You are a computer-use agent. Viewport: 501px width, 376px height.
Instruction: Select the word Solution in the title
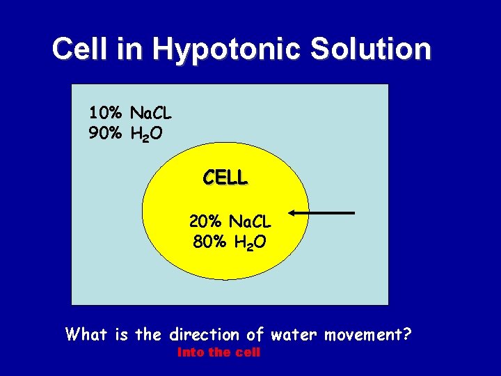[x=366, y=49]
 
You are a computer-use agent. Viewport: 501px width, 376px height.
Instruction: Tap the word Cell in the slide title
[x=79, y=49]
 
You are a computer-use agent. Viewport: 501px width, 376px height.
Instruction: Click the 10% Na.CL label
[x=130, y=112]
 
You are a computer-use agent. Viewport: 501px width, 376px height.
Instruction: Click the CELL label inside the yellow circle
[x=225, y=178]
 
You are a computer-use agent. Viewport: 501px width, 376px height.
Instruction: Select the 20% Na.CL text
[x=230, y=222]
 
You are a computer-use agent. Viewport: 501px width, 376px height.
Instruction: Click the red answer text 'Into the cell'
[x=218, y=352]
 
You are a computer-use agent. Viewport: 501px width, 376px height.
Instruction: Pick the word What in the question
[x=87, y=334]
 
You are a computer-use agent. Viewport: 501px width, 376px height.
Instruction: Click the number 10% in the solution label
[x=104, y=112]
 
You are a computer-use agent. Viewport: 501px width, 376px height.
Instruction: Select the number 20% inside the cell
[x=205, y=222]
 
